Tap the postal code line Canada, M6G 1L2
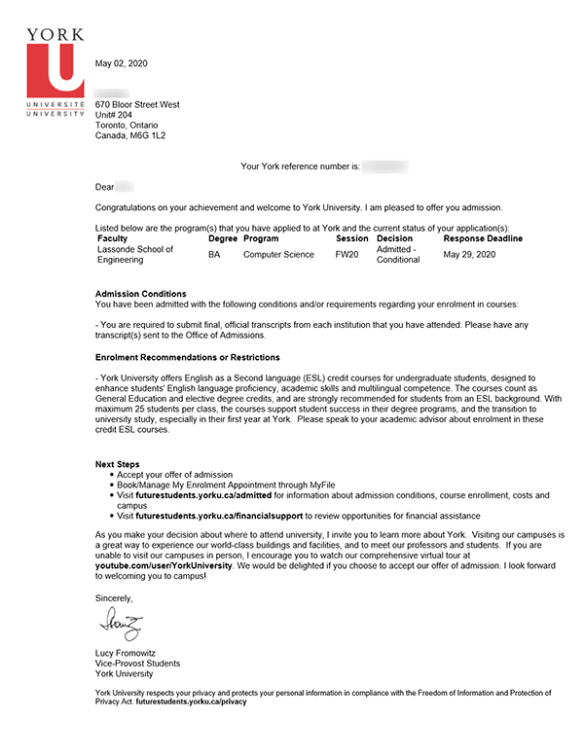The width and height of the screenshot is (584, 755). (x=130, y=136)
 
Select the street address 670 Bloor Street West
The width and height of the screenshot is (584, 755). (x=137, y=104)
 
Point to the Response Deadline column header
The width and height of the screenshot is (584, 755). (x=483, y=238)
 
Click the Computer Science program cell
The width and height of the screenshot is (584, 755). (x=278, y=255)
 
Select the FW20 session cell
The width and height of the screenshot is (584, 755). (x=347, y=255)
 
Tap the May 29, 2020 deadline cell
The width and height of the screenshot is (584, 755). (x=469, y=255)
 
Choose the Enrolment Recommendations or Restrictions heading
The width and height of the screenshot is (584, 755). (x=187, y=358)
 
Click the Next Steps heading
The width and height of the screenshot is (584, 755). (x=118, y=463)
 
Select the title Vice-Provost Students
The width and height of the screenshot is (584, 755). (x=137, y=663)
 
